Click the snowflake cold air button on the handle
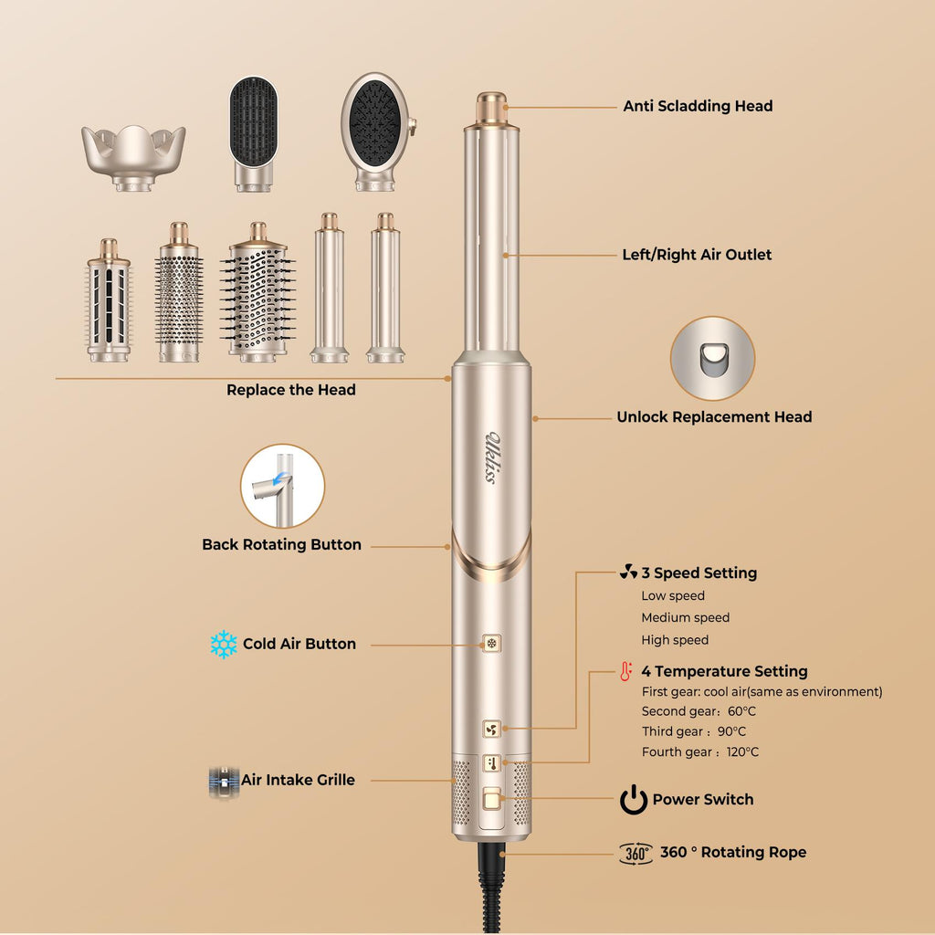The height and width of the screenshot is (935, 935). [x=491, y=644]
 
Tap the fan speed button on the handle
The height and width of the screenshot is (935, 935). [x=491, y=729]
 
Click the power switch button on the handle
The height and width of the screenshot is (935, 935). [x=492, y=798]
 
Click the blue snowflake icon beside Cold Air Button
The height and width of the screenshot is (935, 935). [x=224, y=644]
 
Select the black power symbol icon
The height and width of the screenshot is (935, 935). [x=634, y=800]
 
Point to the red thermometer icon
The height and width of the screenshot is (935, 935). [x=625, y=671]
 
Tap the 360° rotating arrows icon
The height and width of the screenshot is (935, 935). [x=636, y=854]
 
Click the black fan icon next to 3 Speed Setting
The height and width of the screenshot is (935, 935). [x=628, y=572]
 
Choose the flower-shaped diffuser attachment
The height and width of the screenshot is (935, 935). [x=133, y=157]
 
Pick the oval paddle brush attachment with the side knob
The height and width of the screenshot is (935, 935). [x=378, y=131]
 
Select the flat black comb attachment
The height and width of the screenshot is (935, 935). [x=254, y=133]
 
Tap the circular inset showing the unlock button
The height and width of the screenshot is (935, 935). [x=712, y=358]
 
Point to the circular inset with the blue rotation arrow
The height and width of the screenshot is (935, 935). [x=283, y=486]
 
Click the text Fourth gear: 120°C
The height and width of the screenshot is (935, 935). [x=700, y=752]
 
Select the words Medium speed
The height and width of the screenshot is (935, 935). [x=685, y=618]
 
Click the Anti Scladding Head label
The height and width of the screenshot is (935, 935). [x=698, y=106]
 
